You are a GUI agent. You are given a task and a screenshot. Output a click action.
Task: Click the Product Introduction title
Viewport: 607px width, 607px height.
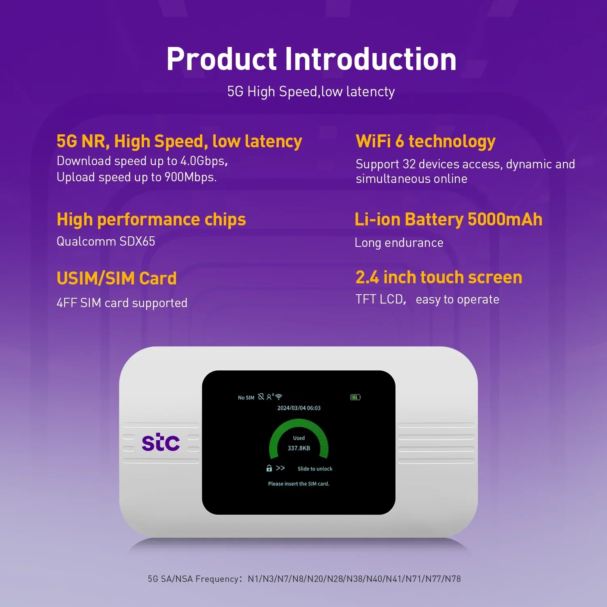[x=311, y=59]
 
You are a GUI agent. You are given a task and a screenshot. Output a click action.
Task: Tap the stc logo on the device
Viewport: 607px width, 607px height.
[x=161, y=443]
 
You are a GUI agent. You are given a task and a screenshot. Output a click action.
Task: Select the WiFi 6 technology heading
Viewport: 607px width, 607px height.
[x=425, y=142]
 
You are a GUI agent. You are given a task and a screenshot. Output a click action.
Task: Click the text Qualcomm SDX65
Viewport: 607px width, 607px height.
[x=106, y=242]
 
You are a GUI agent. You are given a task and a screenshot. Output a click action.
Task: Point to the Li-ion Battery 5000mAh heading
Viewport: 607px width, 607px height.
[x=448, y=220]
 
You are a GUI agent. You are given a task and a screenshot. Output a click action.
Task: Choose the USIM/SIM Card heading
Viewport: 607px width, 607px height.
[x=117, y=279]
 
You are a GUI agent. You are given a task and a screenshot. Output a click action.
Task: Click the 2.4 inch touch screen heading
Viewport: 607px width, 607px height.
[x=439, y=278]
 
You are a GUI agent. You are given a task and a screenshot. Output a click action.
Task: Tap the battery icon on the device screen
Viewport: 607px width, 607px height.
[x=355, y=397]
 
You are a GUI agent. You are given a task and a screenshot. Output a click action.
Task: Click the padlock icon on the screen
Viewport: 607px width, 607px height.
[x=269, y=468]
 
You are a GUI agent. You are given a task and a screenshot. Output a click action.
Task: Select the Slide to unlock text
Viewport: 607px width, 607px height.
[x=315, y=469]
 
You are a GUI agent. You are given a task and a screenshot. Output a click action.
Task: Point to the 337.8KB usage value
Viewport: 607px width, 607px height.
[x=299, y=448]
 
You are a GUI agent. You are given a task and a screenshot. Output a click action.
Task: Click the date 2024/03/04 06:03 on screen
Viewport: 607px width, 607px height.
[x=299, y=408]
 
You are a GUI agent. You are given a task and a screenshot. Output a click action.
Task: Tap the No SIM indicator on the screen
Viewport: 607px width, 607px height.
[x=246, y=398]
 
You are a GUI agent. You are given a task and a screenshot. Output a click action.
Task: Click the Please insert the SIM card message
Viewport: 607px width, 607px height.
[x=299, y=484]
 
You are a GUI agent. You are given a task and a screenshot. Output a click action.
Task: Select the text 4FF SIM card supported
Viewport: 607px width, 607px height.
[x=122, y=303]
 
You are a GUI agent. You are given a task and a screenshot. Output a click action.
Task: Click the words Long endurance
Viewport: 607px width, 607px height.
[x=399, y=243]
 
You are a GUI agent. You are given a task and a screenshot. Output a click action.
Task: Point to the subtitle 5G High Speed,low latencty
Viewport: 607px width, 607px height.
[x=311, y=92]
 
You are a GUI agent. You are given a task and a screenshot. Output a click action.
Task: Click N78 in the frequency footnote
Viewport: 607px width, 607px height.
[x=453, y=579]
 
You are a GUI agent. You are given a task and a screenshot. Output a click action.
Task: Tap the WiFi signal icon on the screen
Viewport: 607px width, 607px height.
[x=279, y=397]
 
